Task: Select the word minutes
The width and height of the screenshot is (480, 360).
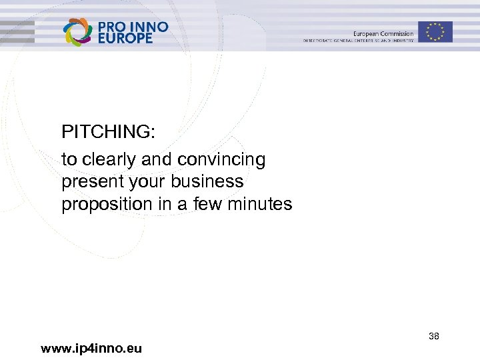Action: click(x=260, y=204)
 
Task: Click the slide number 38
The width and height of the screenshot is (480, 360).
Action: click(x=433, y=337)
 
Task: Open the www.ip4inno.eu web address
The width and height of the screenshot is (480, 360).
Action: click(x=91, y=348)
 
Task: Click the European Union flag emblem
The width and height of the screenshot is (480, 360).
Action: click(x=435, y=31)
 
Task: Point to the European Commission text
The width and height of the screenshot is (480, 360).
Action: click(x=383, y=33)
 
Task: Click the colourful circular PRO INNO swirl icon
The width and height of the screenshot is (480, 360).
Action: click(x=77, y=31)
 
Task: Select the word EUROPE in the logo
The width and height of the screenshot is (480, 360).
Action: click(x=125, y=39)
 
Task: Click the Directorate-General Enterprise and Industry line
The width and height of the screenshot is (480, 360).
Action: click(x=358, y=41)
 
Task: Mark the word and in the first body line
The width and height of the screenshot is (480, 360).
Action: click(x=155, y=160)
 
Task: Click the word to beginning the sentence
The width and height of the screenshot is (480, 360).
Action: click(x=69, y=160)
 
